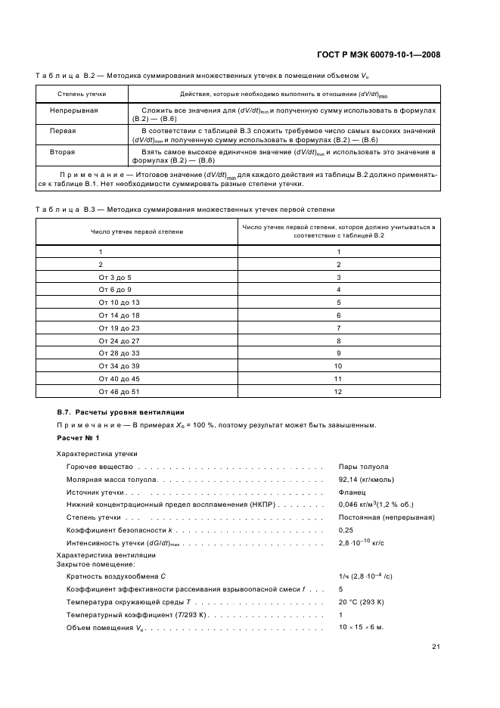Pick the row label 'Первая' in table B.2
coord(63,131)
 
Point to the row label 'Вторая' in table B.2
coord(63,151)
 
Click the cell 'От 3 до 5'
coord(114,278)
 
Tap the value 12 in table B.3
coord(338,391)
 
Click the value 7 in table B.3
coord(338,328)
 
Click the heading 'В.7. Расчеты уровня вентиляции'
coord(120,412)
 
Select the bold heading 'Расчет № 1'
coord(79,438)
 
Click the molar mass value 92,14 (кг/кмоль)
coord(366,480)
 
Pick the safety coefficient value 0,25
coord(346,530)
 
